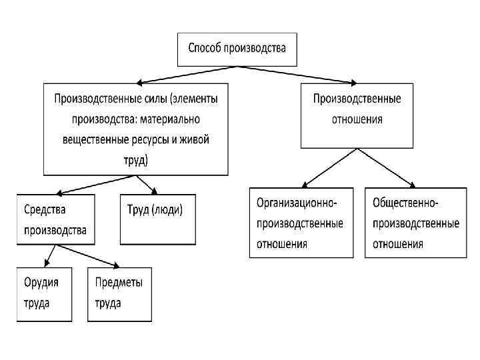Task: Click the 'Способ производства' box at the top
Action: [237, 49]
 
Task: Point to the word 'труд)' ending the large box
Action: [136, 161]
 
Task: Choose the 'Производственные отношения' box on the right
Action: [357, 115]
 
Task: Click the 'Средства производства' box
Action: [56, 219]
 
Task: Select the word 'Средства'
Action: [45, 209]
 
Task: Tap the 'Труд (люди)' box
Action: [158, 219]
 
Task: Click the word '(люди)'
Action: [168, 209]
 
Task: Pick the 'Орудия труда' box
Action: [44, 293]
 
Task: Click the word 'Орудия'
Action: [42, 282]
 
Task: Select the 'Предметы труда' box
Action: [119, 293]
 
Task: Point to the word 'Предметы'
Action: [119, 282]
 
